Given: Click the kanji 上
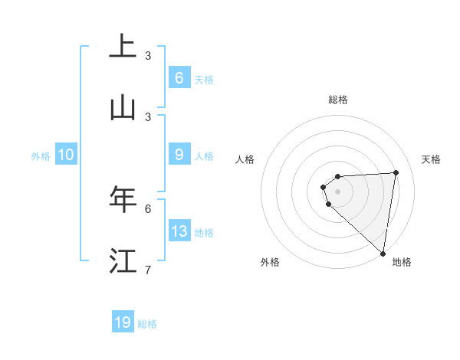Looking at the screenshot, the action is coord(123,46).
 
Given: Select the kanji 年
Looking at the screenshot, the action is coord(123,198).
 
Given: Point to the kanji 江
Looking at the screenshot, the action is coord(123,260).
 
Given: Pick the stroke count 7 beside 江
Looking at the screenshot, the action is coord(148,270).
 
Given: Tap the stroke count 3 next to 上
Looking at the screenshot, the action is coord(148,55).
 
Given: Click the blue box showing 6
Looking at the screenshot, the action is coord(179,77).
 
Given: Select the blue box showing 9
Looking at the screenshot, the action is coord(179,155).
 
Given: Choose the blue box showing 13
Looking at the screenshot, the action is coord(179,231).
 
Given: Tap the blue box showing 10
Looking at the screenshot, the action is coord(66,155).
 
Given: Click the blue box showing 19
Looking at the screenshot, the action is coord(123,322).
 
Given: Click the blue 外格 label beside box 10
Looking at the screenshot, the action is coord(41,156).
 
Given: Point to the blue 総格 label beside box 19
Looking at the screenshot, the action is coord(147,324).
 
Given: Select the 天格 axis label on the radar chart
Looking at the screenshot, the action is coord(432,159).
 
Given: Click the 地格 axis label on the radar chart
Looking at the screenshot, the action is coord(402,262).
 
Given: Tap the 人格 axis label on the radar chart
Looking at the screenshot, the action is coord(245,159).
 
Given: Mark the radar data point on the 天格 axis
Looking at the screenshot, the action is coord(396,172).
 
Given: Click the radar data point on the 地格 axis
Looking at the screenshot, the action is coord(383,254).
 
